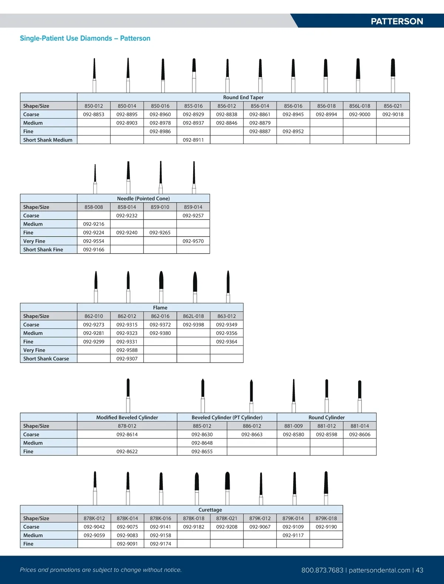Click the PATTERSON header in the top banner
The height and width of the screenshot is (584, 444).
pyautogui.click(x=397, y=21)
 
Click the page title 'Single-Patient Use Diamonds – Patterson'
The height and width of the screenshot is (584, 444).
pyautogui.click(x=85, y=38)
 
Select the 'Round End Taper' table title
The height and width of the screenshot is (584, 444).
pyautogui.click(x=243, y=97)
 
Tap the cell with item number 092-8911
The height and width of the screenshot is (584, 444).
pyautogui.click(x=193, y=140)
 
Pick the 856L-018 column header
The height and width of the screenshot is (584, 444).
pyautogui.click(x=360, y=106)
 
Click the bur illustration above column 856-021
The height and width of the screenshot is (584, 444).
pyautogui.click(x=393, y=74)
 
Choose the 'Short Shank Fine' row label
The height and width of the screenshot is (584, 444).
pyautogui.click(x=43, y=249)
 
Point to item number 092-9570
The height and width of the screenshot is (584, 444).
pyautogui.click(x=193, y=241)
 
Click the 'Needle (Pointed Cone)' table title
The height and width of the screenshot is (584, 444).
pyautogui.click(x=143, y=198)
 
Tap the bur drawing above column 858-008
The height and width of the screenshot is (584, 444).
pyautogui.click(x=95, y=177)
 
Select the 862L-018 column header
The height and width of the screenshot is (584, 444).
pyautogui.click(x=193, y=316)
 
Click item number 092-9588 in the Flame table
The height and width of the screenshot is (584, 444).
pyautogui.click(x=127, y=350)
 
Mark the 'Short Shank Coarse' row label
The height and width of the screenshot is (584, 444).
pyautogui.click(x=46, y=359)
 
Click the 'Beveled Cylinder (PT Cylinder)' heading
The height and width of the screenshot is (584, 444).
pyautogui.click(x=227, y=417)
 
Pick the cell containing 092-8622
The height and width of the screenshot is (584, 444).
pyautogui.click(x=127, y=451)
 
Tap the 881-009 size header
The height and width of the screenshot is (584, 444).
pyautogui.click(x=293, y=426)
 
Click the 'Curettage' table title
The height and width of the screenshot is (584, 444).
pyautogui.click(x=210, y=510)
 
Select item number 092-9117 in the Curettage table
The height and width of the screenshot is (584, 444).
pyautogui.click(x=293, y=535)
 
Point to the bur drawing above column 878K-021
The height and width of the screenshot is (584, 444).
pyautogui.click(x=227, y=487)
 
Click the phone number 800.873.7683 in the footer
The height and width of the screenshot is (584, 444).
pyautogui.click(x=322, y=570)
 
